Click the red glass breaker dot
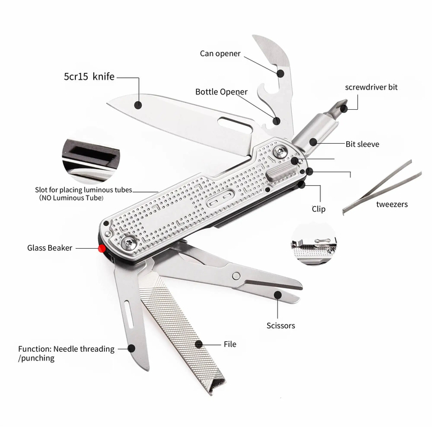pos(102,249)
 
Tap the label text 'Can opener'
pos(220,54)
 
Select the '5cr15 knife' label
pos(89,77)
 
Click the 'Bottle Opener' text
pos(221,92)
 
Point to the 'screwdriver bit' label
pos(371,88)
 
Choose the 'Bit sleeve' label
pos(362,144)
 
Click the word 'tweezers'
pos(392,204)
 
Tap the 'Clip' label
pos(318,209)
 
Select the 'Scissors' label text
pos(281,326)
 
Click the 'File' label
pos(230,344)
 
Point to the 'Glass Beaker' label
pos(49,248)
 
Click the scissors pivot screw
pos(236,276)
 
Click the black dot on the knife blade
pos(138,105)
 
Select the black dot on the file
pos(199,344)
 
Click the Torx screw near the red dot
pos(128,243)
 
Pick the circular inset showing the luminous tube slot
pos(91,160)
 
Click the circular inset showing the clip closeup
pos(314,244)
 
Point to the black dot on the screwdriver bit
pos(344,109)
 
